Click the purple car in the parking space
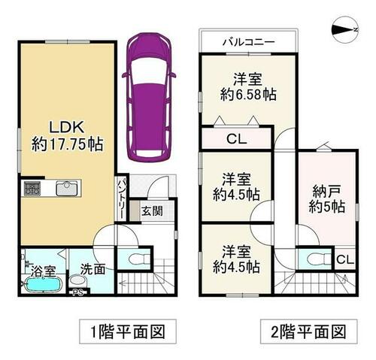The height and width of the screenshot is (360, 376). click(x=149, y=98)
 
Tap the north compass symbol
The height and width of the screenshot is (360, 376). click(x=345, y=30)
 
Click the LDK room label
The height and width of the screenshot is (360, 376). click(x=66, y=127)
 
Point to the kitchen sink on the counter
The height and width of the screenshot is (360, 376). click(x=67, y=188)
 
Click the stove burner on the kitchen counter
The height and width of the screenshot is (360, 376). click(x=32, y=188)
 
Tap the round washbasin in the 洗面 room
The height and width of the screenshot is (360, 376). click(x=77, y=282)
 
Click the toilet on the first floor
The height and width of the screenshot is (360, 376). click(x=138, y=258)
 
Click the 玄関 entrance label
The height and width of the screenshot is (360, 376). click(x=152, y=211)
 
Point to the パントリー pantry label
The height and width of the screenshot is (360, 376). click(x=122, y=198)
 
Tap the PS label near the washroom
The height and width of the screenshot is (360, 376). click(x=77, y=293)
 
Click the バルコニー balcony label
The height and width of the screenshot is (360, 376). click(x=249, y=42)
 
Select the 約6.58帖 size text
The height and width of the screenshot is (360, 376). click(x=248, y=95)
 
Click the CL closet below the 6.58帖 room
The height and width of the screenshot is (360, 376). click(x=236, y=139)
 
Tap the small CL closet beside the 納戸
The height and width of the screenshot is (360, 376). click(x=345, y=260)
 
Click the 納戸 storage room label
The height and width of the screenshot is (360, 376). click(x=326, y=192)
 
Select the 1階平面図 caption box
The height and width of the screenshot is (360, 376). click(x=128, y=331)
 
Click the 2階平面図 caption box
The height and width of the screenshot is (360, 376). click(x=309, y=331)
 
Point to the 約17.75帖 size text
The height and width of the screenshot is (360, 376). click(x=67, y=144)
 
